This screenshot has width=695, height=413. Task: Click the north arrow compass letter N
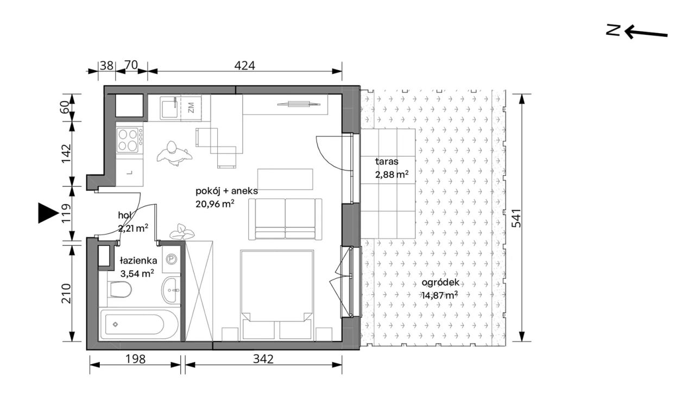[613, 31]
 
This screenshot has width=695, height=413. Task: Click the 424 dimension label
[244, 66]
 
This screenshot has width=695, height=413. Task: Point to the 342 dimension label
[263, 359]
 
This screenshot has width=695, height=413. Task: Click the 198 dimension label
[136, 359]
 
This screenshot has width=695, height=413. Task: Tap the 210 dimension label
[66, 293]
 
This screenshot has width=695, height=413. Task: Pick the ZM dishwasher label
[191, 107]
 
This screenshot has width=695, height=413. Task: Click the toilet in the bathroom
[121, 290]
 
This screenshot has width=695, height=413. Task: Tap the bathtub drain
[116, 325]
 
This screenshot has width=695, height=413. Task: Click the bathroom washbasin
[170, 290]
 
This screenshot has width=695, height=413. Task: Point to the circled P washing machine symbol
[171, 259]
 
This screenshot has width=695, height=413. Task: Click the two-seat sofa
[285, 219]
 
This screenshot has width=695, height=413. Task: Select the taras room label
[387, 162]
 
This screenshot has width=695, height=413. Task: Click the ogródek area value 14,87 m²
[440, 295]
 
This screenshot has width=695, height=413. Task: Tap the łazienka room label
[138, 260]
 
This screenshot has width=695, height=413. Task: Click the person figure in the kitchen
[174, 153]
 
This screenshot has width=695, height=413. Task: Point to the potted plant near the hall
[182, 232]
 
